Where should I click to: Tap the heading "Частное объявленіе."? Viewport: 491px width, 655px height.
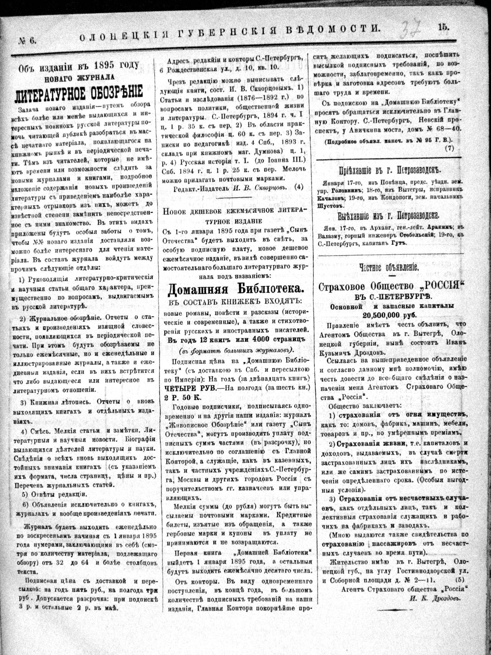point(389,267)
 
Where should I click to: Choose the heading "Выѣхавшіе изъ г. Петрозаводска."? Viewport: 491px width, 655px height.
point(389,215)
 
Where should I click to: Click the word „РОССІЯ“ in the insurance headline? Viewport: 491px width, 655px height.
point(441,286)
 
